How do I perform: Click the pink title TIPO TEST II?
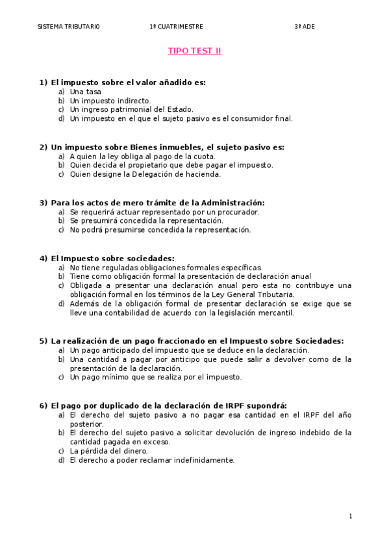pyautogui.click(x=194, y=51)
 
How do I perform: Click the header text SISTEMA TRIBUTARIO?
pyautogui.click(x=68, y=27)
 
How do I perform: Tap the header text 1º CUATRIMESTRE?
pyautogui.click(x=176, y=27)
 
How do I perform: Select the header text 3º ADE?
pyautogui.click(x=303, y=27)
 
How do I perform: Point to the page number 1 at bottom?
pyautogui.click(x=351, y=517)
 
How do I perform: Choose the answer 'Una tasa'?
pyautogui.click(x=86, y=92)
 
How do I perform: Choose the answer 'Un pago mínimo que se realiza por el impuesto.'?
pyautogui.click(x=155, y=377)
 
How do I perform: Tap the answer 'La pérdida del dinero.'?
pyautogui.click(x=108, y=451)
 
